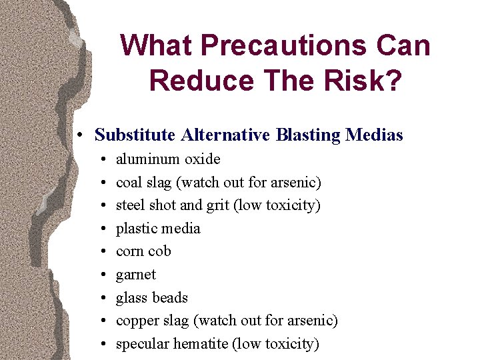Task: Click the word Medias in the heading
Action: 375,135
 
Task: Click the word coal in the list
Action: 129,182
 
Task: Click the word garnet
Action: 136,275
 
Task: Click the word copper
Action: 137,321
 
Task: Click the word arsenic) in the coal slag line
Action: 297,182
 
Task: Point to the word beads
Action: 170,298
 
